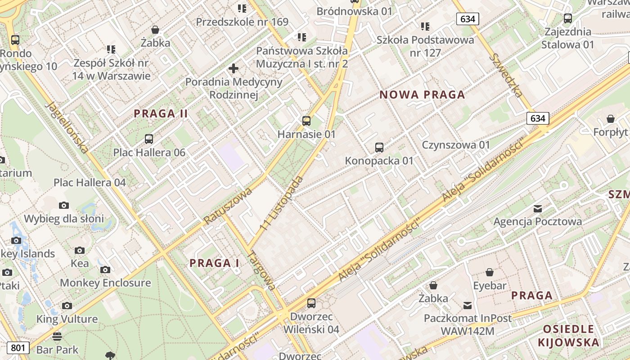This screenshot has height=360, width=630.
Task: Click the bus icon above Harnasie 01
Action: pyautogui.click(x=306, y=121)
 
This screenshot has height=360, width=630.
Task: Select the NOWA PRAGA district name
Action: pyautogui.click(x=422, y=94)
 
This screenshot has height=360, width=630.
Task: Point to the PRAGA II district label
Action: pyautogui.click(x=161, y=114)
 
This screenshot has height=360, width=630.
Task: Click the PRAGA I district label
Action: pyautogui.click(x=214, y=263)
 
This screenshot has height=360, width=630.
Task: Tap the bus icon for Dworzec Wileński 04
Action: pyautogui.click(x=311, y=303)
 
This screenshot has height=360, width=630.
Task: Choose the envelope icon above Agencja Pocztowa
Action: pyautogui.click(x=537, y=208)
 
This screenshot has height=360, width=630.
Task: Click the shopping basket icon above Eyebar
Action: pyautogui.click(x=490, y=272)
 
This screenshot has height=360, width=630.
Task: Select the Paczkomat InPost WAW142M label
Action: pyautogui.click(x=468, y=324)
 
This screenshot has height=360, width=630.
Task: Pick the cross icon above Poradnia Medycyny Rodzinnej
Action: pyautogui.click(x=233, y=68)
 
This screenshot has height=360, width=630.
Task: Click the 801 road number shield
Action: pyautogui.click(x=18, y=347)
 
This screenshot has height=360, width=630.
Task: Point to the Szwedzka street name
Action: pyautogui.click(x=507, y=75)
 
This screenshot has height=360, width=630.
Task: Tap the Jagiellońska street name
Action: pyautogui.click(x=67, y=127)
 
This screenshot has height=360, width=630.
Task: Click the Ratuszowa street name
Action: pyautogui.click(x=227, y=206)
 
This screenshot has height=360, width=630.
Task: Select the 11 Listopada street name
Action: pyautogui.click(x=282, y=204)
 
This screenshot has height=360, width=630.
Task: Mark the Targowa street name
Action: pyautogui.click(x=261, y=270)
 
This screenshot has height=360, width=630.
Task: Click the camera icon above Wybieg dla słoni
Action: pyautogui.click(x=64, y=205)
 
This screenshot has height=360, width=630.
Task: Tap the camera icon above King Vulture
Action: pyautogui.click(x=67, y=306)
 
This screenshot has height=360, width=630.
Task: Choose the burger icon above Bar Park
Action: pyautogui.click(x=57, y=336)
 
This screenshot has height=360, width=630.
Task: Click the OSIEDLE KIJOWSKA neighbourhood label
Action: pyautogui.click(x=568, y=335)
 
